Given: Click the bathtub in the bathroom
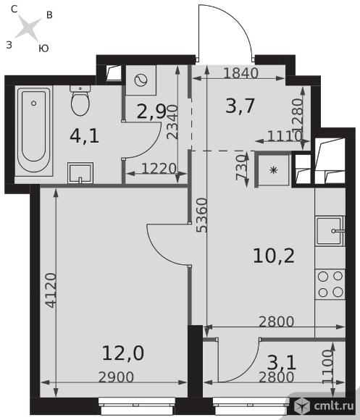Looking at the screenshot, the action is point(34,131).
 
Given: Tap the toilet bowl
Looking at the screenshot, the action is point(80,101).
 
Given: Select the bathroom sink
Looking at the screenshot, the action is point(80,173).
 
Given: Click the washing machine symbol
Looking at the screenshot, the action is point(141,80).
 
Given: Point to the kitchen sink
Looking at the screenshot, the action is point(330,231).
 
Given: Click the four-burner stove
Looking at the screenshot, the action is point(330,284).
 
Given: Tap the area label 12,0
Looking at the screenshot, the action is point(123,353).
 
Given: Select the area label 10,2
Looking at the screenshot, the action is point(274,256).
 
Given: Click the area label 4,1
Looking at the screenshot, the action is point(84,136).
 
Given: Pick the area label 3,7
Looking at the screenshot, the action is point(240,106).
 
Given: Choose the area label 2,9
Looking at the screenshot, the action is point(151,112).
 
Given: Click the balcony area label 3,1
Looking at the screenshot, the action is point(282,363).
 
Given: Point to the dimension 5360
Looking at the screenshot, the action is point(202,215).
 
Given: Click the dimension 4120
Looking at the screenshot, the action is point(51,290).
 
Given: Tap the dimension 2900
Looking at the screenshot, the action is point(116,377).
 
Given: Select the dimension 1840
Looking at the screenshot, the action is point(240,73).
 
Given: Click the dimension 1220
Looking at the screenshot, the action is point(159,169).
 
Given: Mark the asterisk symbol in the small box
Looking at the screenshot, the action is point(274,170).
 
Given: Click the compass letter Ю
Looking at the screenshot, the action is point(43,49).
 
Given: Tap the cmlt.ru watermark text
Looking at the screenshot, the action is point(334,406).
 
